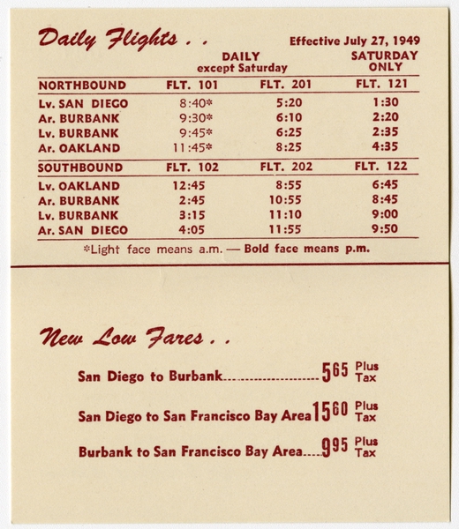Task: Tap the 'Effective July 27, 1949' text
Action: (354, 41)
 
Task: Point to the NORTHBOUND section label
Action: (82, 86)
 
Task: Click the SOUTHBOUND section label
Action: (80, 168)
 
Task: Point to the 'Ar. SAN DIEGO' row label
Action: (84, 230)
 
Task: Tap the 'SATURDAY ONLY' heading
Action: (385, 61)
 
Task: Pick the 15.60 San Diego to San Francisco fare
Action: (331, 412)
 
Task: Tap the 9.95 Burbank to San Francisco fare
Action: (335, 449)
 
